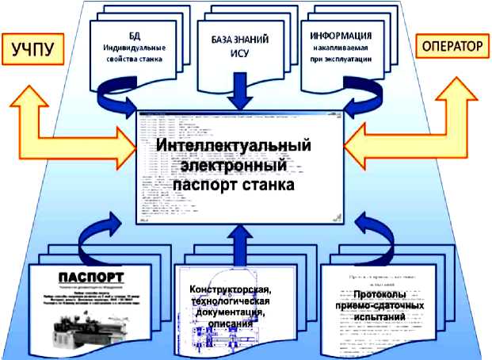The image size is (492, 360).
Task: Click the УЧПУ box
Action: pyautogui.click(x=32, y=51)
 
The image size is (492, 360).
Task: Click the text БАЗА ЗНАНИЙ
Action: pyautogui.click(x=238, y=38)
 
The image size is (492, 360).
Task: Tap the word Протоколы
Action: pyautogui.click(x=381, y=293)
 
